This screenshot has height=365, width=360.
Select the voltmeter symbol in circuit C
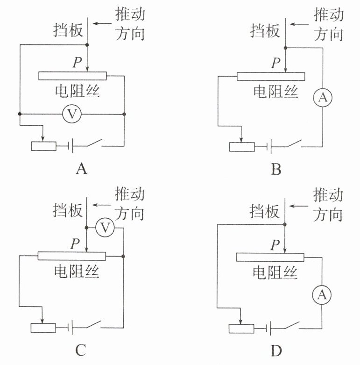pyautogui.click(x=106, y=228)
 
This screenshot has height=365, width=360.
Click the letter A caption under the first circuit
pyautogui.click(x=81, y=169)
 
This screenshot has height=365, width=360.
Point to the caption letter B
pyautogui.click(x=276, y=169)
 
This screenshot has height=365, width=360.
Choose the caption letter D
pyautogui.click(x=276, y=350)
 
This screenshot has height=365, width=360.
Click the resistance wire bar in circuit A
pyautogui.click(x=72, y=76)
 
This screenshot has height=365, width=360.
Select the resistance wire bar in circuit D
pyautogui.click(x=270, y=257)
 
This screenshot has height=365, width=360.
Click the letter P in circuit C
pyautogui.click(x=74, y=243)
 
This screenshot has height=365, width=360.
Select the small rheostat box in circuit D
pyautogui.click(x=241, y=328)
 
